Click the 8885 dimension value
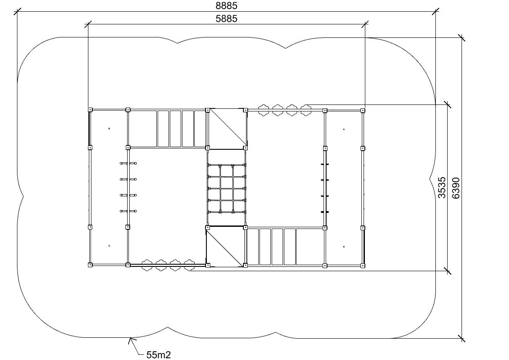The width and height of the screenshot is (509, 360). tap(226, 6)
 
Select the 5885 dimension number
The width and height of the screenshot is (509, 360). tap(226, 19)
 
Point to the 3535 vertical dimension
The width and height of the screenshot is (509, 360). tap(442, 188)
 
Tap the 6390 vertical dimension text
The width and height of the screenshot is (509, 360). tap(456, 188)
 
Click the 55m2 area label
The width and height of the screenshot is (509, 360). tap(158, 355)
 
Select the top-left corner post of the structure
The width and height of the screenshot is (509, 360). tap(90, 110)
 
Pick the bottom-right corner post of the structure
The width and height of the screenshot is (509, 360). tap(363, 266)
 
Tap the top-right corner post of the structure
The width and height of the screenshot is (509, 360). tap(363, 111)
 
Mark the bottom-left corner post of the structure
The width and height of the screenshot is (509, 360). tap(90, 265)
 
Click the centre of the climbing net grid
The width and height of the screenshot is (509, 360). tap(226, 188)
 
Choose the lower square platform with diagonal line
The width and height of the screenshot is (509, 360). tap(226, 247)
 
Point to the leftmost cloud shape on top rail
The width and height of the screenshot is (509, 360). tap(264, 110)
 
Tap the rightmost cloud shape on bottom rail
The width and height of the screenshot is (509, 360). tap(189, 265)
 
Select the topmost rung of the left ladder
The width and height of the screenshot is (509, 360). tap(128, 163)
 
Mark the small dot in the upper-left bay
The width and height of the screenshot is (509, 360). tap(109, 128)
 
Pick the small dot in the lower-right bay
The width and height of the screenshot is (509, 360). tap(344, 247)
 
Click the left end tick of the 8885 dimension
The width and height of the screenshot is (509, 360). tap(17, 12)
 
